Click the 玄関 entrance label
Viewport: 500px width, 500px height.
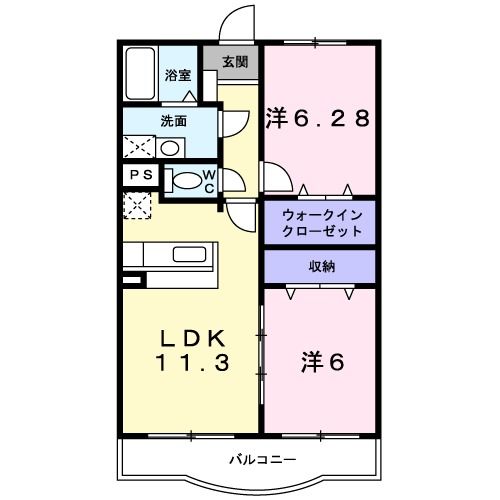[x=234, y=62]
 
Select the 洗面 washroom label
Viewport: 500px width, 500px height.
[x=174, y=121]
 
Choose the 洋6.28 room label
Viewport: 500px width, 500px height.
[x=318, y=119]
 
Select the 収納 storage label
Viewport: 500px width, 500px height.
[x=319, y=267]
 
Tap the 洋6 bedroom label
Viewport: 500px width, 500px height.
[x=323, y=362]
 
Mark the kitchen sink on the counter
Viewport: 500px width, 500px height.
[x=185, y=254]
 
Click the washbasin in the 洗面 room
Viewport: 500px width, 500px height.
[x=170, y=148]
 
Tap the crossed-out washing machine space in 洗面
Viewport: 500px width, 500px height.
[x=138, y=147]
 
